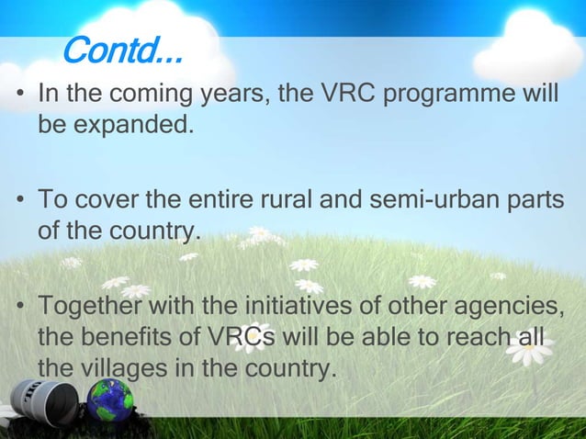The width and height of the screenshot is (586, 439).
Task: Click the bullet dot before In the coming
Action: point(19,96)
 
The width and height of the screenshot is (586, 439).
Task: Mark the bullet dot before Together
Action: point(19,306)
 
